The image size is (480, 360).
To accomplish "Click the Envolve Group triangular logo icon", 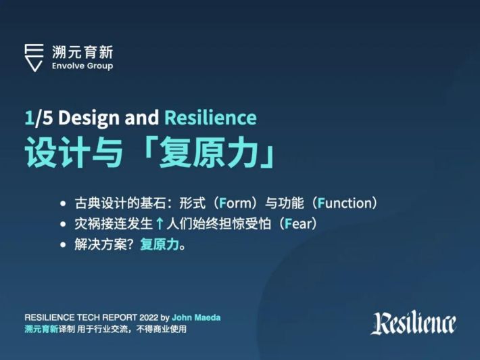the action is (x=34, y=58).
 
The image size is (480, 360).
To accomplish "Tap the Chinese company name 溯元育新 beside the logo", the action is (x=82, y=52).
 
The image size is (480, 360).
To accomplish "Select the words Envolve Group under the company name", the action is (x=82, y=66).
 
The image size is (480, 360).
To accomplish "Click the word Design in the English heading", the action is (x=89, y=118).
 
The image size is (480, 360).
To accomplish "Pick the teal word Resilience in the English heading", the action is (x=211, y=118).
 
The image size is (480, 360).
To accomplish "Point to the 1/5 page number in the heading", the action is (x=39, y=118).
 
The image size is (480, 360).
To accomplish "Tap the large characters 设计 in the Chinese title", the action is (x=57, y=152).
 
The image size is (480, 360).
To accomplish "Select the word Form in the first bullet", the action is (x=235, y=203).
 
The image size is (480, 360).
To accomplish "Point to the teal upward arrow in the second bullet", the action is (x=159, y=224).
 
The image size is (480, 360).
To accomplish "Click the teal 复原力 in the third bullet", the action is (x=160, y=244).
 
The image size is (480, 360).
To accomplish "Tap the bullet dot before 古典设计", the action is (x=63, y=204).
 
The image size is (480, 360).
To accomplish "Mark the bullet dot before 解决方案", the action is (x=63, y=245).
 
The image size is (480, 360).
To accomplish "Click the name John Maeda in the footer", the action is (x=196, y=317).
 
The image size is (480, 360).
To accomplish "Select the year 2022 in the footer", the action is (x=149, y=317).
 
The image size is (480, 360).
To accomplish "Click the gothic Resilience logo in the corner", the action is (x=414, y=323).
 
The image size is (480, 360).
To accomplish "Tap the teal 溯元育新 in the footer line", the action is (x=41, y=330).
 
